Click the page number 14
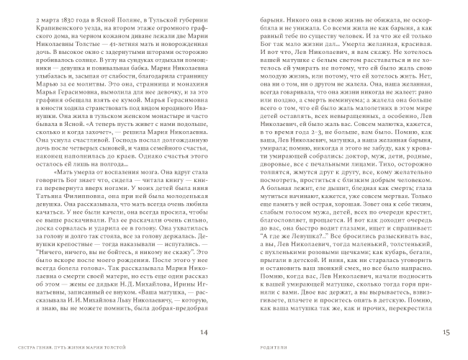coord(204,332)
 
